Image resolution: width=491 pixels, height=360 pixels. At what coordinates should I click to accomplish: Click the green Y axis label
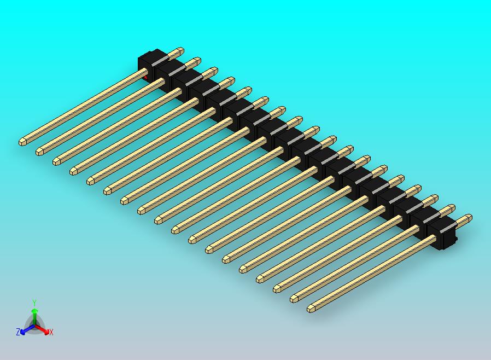(x=34, y=303)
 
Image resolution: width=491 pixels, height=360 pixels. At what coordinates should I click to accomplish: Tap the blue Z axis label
(x=17, y=332)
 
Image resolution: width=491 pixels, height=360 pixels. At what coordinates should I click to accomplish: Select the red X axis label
(x=51, y=332)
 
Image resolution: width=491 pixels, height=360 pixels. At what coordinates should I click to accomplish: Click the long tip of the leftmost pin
(x=23, y=141)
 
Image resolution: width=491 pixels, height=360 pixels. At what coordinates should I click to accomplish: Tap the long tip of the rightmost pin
(x=311, y=309)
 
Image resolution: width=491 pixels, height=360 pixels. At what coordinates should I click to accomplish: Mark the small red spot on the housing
(x=145, y=78)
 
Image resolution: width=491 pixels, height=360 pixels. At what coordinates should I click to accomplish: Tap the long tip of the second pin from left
(x=40, y=150)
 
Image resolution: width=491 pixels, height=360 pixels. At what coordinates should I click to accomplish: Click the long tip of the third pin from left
(x=57, y=161)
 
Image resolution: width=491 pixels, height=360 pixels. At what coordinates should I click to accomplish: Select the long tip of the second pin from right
(x=294, y=299)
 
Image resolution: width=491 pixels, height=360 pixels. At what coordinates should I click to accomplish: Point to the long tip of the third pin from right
(x=277, y=289)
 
